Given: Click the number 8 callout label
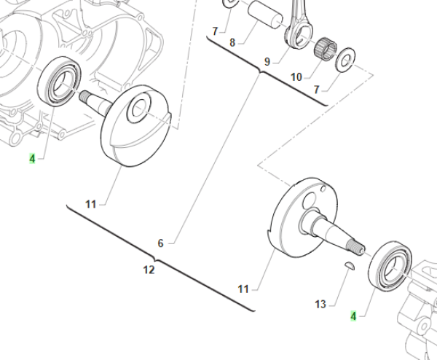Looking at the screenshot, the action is pos(232,43).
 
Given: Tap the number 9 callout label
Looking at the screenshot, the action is pos(267,62).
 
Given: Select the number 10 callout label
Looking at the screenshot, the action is pos(296,77).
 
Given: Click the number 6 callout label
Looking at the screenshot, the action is pos(160,243).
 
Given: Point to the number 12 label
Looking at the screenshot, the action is pos(149,270).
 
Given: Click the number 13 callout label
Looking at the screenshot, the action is pos(320,304).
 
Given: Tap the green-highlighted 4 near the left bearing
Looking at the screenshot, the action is pos(32,159).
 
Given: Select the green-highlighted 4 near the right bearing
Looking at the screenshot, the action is pos(353,316).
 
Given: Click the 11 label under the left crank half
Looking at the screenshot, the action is pos(90,204).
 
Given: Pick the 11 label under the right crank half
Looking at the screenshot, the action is pos(243,289).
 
